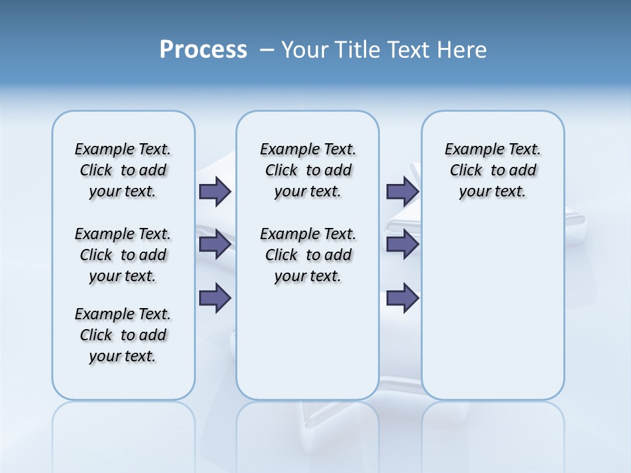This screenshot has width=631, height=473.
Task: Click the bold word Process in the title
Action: (203, 50)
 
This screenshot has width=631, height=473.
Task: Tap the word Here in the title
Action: (463, 50)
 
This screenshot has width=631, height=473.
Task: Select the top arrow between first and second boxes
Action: (214, 191)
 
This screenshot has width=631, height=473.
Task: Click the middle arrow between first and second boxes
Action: (214, 244)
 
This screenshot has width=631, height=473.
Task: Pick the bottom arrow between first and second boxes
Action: (214, 298)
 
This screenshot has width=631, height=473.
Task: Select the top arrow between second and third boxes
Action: (402, 191)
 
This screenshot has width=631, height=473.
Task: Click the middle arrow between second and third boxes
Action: (402, 244)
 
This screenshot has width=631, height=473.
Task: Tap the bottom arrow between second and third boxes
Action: (402, 298)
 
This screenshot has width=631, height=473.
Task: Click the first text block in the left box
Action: (123, 170)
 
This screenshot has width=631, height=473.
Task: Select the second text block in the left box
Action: (123, 255)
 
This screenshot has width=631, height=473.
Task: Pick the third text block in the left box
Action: (123, 335)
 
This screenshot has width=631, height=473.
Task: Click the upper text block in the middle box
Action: (308, 170)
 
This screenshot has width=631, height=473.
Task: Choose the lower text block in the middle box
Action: (308, 255)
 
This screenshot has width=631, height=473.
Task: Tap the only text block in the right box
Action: (493, 170)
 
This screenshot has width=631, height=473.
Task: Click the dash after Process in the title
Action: (267, 51)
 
